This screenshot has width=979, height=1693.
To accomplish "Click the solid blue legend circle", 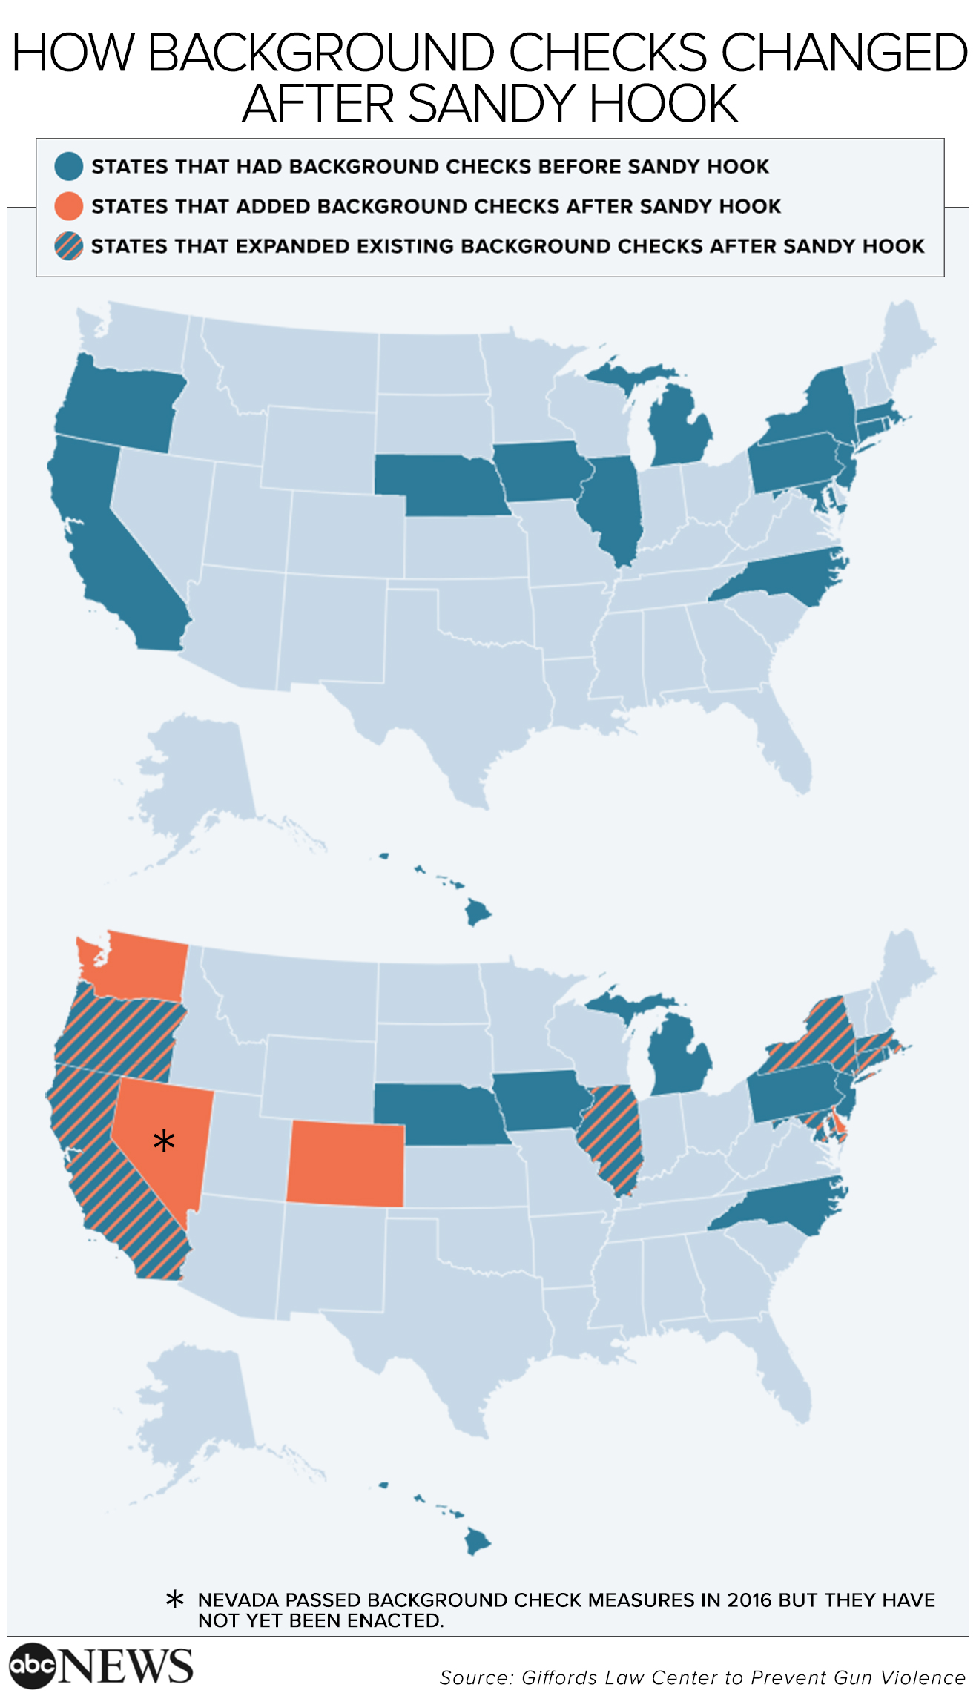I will (x=68, y=167).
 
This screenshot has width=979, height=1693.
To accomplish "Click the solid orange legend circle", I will (x=68, y=206).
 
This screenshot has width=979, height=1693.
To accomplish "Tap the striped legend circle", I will (x=68, y=246).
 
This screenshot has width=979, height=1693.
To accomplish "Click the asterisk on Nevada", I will (x=164, y=1141).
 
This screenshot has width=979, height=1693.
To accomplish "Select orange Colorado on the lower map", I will (x=346, y=1164).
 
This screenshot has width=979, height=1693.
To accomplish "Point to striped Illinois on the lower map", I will (x=611, y=1135).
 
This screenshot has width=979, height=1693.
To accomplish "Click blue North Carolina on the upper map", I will (x=786, y=578).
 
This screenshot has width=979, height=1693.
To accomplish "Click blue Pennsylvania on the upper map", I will (x=794, y=463).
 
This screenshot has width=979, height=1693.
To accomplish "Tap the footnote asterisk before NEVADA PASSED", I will (x=175, y=1600).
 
